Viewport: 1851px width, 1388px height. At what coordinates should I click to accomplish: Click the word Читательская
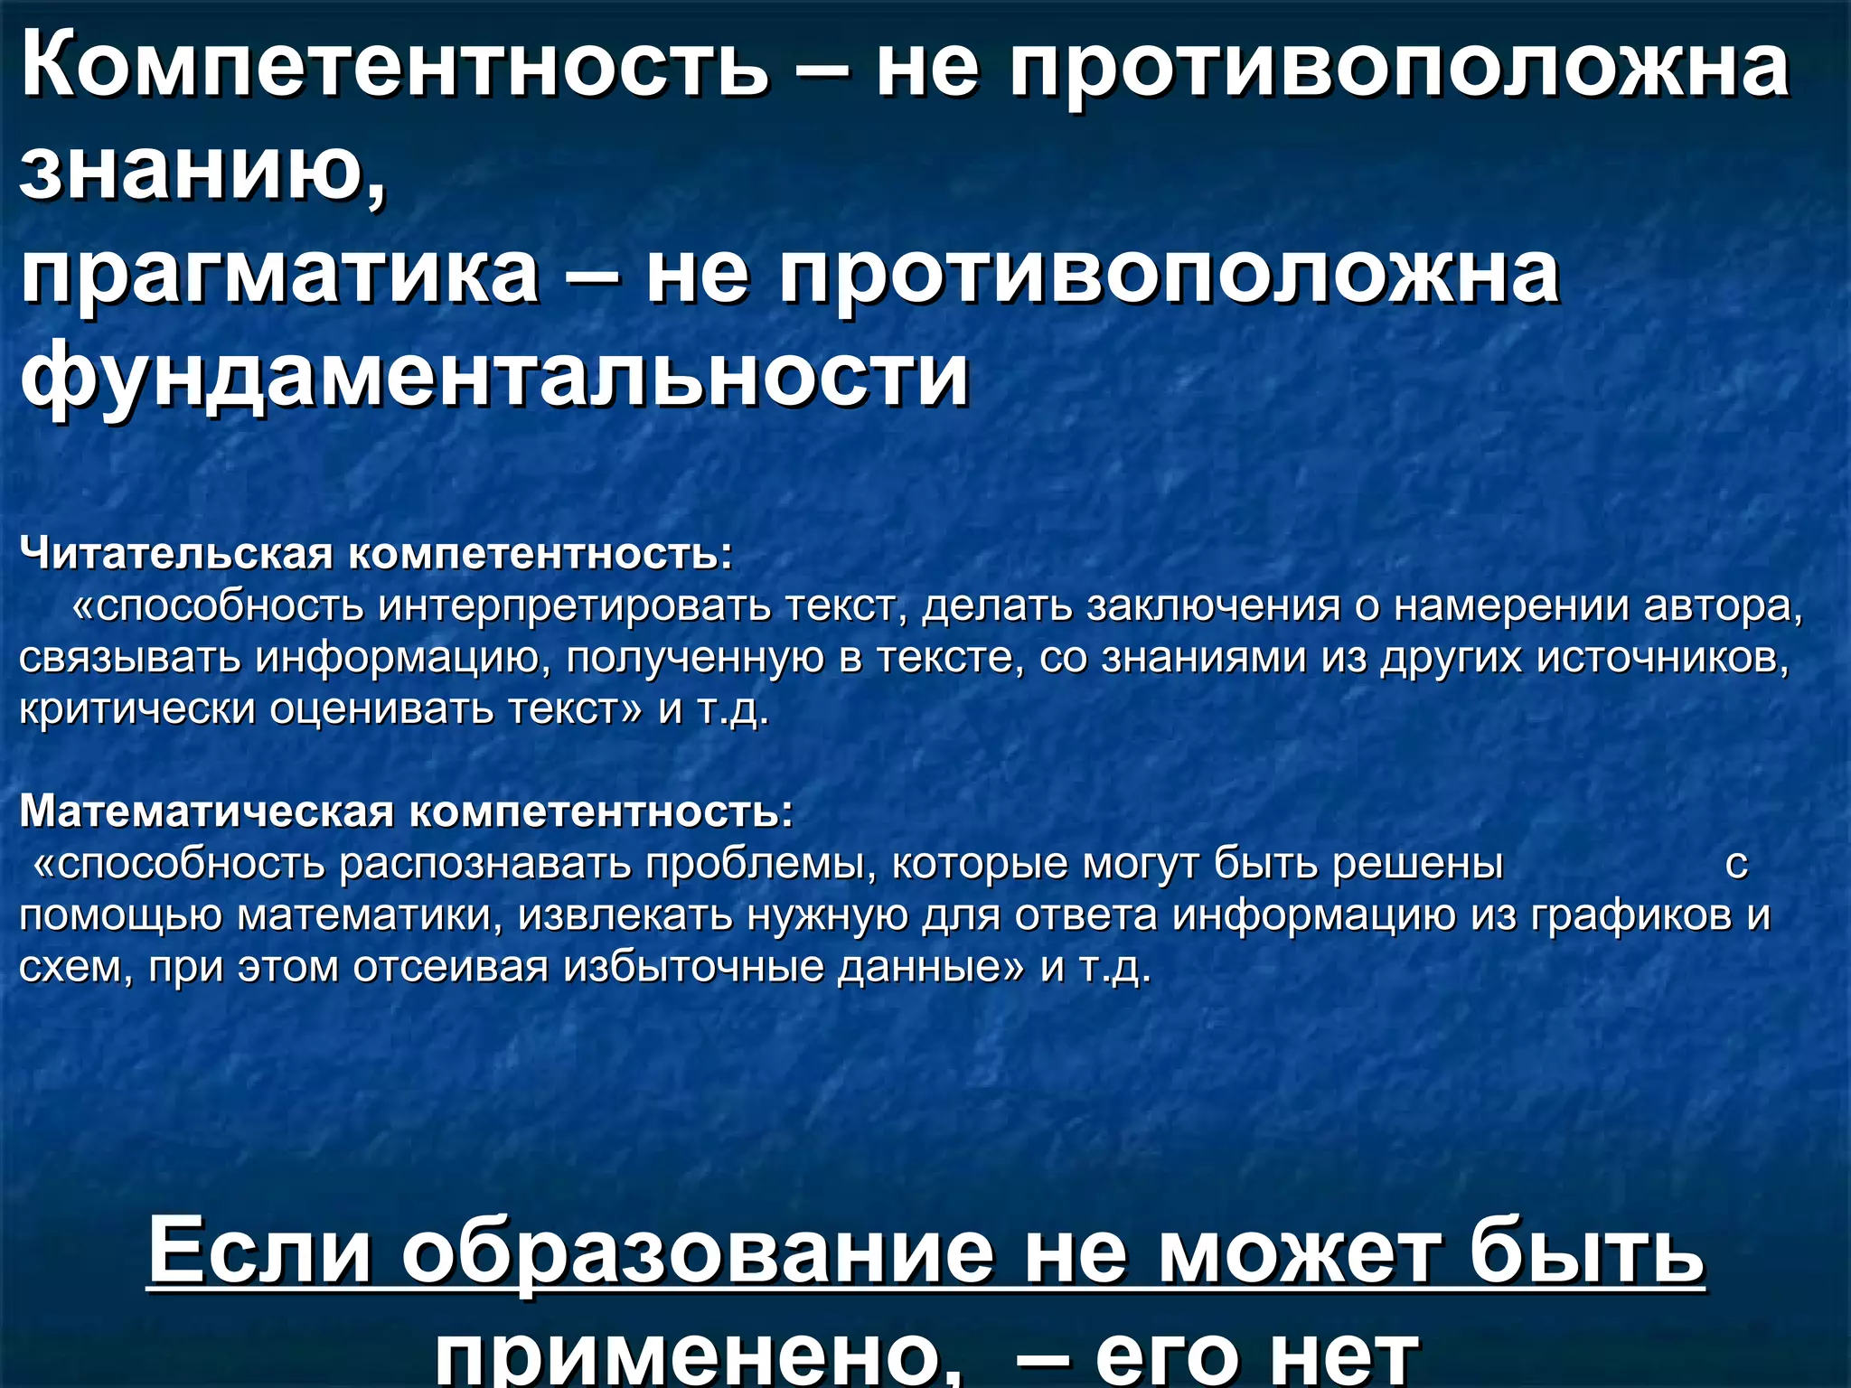(x=177, y=553)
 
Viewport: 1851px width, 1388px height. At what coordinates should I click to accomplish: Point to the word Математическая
(x=207, y=811)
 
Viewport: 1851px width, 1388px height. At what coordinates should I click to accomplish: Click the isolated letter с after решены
(x=1736, y=865)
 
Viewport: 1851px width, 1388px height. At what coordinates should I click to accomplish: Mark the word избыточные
(x=692, y=967)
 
